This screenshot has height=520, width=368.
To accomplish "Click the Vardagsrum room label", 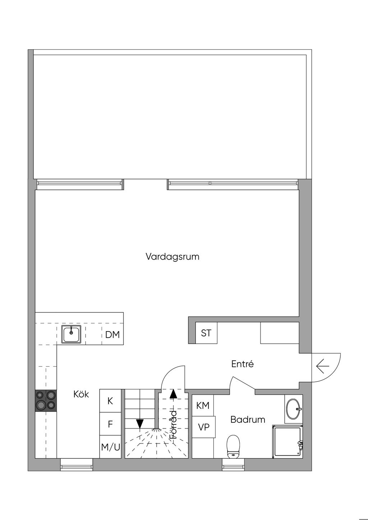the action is coord(172,257).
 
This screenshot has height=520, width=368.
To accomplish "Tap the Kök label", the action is coord(81,394).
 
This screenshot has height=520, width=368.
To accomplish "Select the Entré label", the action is coord(242,364).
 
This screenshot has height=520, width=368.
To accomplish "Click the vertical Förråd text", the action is coord(173,424).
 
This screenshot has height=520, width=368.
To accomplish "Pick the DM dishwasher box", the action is coord(112,335).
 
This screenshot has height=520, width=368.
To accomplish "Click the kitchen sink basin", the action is coord(71,334).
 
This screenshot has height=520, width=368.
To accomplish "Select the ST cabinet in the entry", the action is coord(206,333).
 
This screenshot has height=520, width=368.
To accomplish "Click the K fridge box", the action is coord(110,401).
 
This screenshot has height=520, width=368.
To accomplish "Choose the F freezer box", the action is coord(110,424).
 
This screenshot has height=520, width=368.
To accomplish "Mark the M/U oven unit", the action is coord(110,447).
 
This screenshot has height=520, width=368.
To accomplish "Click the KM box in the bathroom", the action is coord(203,405).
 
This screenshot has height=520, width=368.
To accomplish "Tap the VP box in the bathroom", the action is coord(204,427).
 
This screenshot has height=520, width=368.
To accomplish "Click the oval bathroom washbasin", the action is coord(294,409).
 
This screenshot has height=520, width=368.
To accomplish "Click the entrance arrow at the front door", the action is coord(323,366).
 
